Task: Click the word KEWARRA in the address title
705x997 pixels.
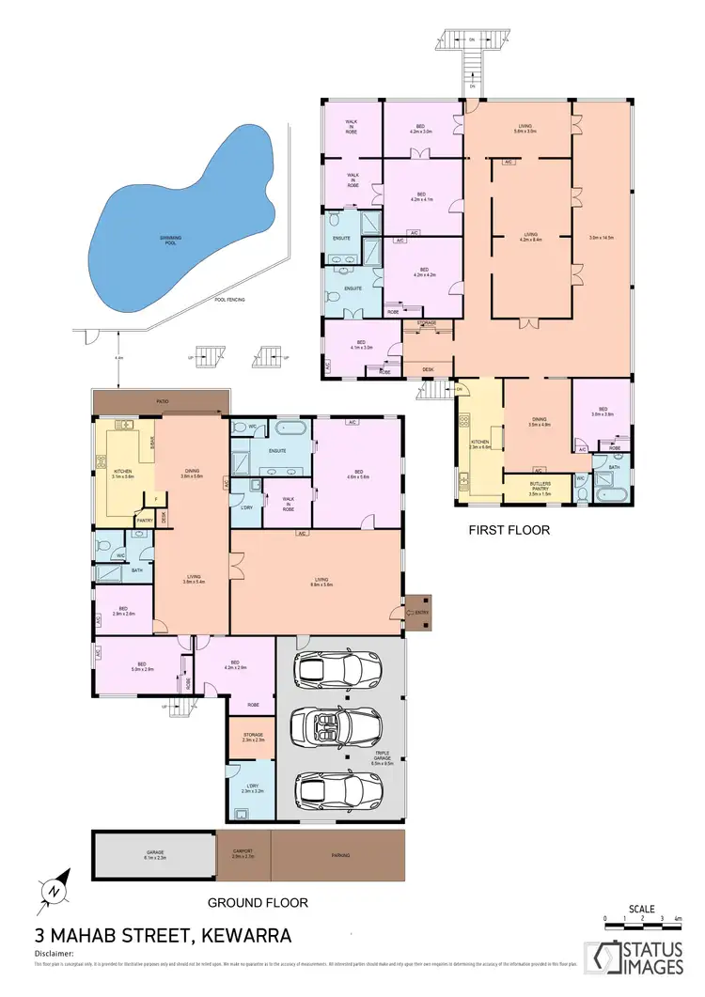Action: [x=242, y=935]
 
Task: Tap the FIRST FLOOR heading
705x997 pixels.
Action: [x=509, y=530]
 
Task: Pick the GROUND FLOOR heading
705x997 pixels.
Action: [x=258, y=902]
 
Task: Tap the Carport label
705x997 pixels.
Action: [x=243, y=854]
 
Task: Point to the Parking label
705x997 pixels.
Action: [x=337, y=855]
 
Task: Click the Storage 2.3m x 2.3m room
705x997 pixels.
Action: [x=252, y=738]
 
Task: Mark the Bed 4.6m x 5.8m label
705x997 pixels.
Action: [x=357, y=475]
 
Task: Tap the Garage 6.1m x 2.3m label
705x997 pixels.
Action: [x=154, y=854]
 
